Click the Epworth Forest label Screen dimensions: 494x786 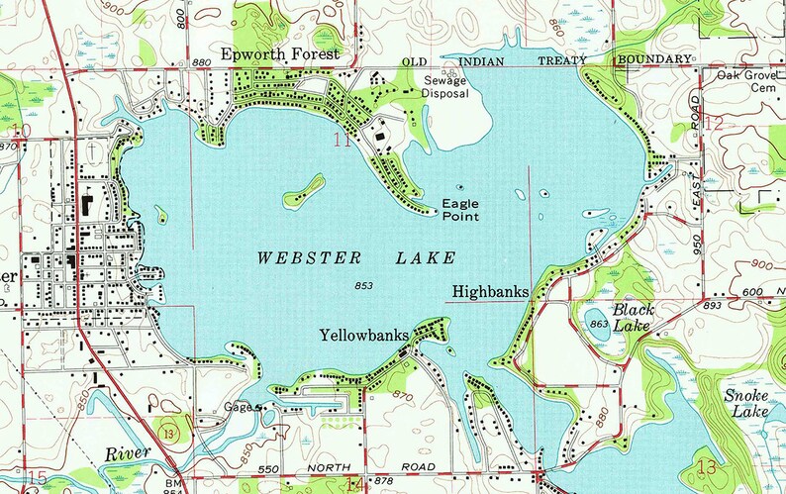pyautogui.click(x=280, y=53)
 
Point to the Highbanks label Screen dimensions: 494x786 pyautogui.click(x=489, y=292)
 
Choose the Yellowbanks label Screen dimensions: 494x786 pyautogui.click(x=364, y=337)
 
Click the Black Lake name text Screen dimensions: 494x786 pyautogui.click(x=634, y=317)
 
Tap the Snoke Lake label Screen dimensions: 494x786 pyautogui.click(x=744, y=403)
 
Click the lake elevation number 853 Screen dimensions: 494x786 pyautogui.click(x=363, y=286)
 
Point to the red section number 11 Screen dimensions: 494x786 pyautogui.click(x=343, y=141)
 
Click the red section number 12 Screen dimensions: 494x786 pyautogui.click(x=715, y=124)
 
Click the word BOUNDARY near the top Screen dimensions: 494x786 pyautogui.click(x=653, y=60)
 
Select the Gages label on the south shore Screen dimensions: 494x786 pyautogui.click(x=241, y=406)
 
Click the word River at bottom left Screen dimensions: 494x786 pyautogui.click(x=127, y=452)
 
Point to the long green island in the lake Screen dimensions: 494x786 pyautogui.click(x=305, y=191)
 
